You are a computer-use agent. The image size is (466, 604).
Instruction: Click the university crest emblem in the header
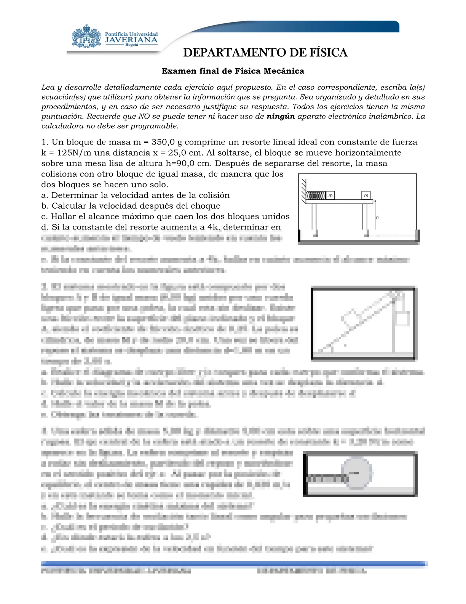pyautogui.click(x=86, y=37)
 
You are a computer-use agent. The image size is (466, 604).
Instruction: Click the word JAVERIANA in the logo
pyautogui.click(x=131, y=40)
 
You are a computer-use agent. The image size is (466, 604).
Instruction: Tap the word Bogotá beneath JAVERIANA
pyautogui.click(x=132, y=45)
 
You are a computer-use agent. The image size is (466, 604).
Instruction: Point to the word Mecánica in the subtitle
pyautogui.click(x=285, y=71)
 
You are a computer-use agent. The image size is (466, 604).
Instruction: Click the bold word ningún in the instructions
pyautogui.click(x=281, y=116)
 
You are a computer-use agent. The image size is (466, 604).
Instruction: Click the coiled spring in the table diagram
pyautogui.click(x=316, y=196)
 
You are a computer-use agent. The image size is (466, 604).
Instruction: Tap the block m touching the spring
pyautogui.click(x=330, y=196)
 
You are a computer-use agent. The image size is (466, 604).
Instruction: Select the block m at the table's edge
pyautogui.click(x=366, y=196)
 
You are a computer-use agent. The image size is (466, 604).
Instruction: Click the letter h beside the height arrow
pyautogui.click(x=377, y=217)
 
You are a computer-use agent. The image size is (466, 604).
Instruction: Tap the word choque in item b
pyautogui.click(x=207, y=206)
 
